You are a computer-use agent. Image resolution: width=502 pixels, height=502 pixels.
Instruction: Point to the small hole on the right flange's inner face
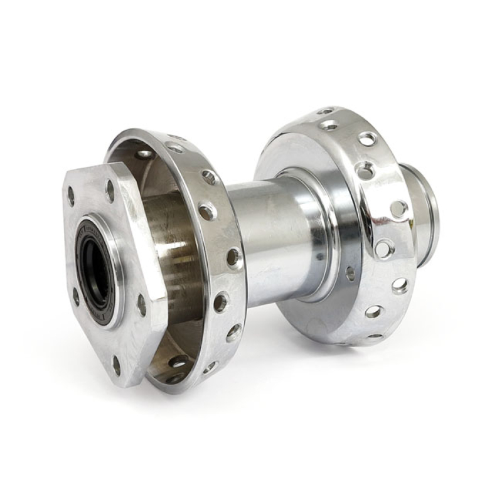point(350,274)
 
